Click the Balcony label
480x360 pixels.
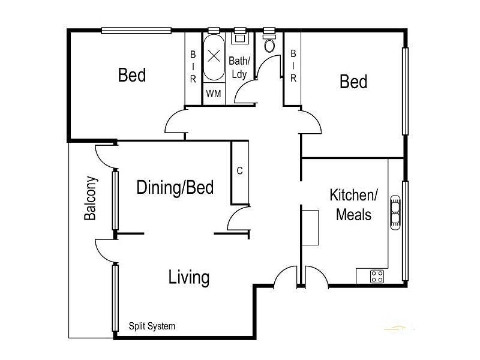[90, 198]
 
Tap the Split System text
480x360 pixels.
[152, 326]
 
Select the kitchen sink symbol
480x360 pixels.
[396, 213]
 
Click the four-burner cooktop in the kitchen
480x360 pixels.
[377, 276]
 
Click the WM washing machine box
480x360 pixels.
[213, 94]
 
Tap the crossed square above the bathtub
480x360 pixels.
[214, 56]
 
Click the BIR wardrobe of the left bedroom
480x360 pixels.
[193, 66]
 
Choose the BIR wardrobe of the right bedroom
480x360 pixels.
[293, 66]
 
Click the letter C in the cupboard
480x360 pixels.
[239, 171]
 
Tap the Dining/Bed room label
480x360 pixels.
[175, 187]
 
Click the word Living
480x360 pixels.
[188, 277]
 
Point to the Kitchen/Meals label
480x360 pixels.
[353, 204]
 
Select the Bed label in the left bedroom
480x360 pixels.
[131, 76]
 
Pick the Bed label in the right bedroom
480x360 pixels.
[353, 81]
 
